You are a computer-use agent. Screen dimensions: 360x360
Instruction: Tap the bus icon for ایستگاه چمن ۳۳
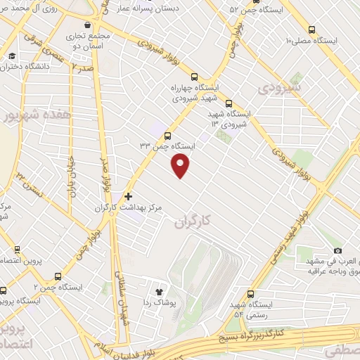click(x=167, y=136)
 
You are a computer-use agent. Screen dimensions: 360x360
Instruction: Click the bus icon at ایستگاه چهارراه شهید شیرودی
click(x=195, y=77)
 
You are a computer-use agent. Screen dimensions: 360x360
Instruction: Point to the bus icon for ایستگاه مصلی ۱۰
click(x=311, y=30)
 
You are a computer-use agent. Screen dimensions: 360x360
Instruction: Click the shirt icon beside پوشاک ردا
click(x=158, y=290)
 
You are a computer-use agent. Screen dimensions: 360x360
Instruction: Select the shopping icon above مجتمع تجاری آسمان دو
click(x=87, y=24)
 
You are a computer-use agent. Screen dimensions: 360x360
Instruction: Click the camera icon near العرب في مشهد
click(x=337, y=250)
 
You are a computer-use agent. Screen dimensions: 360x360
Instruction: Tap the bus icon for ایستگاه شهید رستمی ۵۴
click(x=249, y=295)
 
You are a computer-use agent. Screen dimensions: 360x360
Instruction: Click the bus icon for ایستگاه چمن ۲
click(x=57, y=276)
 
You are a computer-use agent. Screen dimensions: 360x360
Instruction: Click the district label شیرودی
click(x=278, y=88)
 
